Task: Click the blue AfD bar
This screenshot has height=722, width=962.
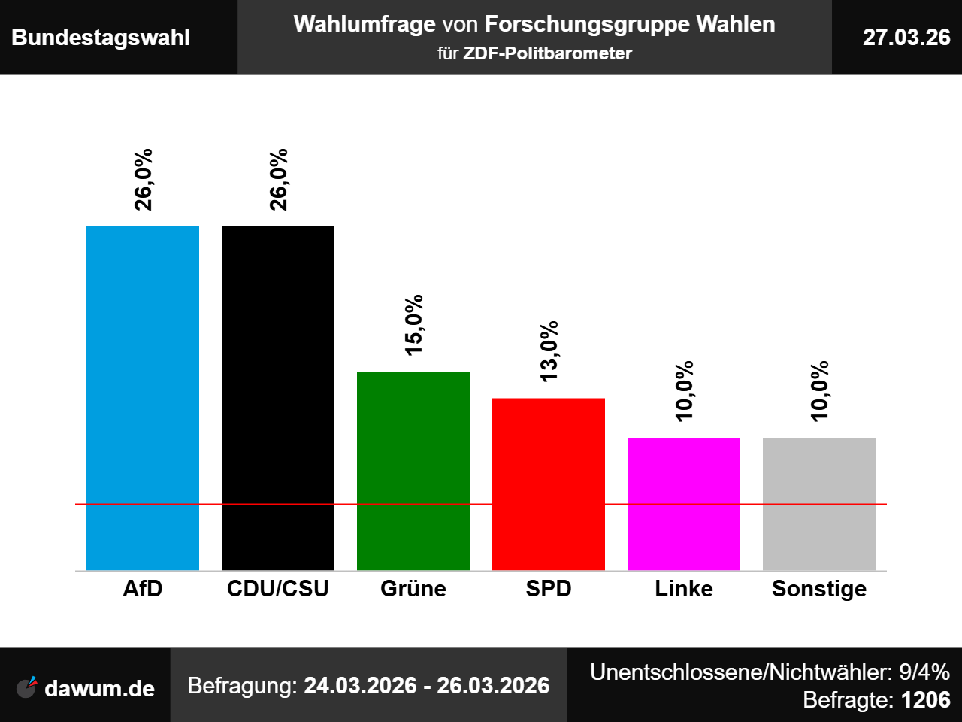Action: [x=143, y=398]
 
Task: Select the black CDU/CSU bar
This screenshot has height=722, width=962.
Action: [x=278, y=398]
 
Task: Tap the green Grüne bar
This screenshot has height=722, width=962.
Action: [x=413, y=471]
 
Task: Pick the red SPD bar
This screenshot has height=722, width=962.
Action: [x=549, y=484]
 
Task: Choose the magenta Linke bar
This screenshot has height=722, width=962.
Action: [x=684, y=504]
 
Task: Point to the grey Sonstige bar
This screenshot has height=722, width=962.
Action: [x=819, y=504]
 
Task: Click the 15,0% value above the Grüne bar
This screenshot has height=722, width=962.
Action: [x=413, y=325]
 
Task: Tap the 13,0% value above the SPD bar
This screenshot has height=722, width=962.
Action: [x=549, y=351]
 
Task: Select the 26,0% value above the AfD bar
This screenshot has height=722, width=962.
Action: [x=144, y=180]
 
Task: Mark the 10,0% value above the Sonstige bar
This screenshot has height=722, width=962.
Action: [x=819, y=391]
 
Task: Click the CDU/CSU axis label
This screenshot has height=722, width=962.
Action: [x=278, y=588]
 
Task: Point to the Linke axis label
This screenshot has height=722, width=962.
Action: [x=684, y=588]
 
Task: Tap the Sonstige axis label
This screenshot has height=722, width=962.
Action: [x=819, y=589]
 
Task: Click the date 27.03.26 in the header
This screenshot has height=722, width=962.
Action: [x=906, y=38]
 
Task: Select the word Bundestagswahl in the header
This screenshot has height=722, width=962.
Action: [x=101, y=38]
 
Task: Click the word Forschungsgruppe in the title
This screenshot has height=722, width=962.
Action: [x=587, y=25]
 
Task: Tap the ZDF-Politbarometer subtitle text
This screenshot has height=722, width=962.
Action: [x=547, y=53]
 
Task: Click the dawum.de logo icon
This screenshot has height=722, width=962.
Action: [x=27, y=687]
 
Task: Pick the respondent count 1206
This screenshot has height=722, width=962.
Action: [x=925, y=699]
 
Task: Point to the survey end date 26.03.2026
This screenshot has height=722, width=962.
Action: [x=493, y=686]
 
